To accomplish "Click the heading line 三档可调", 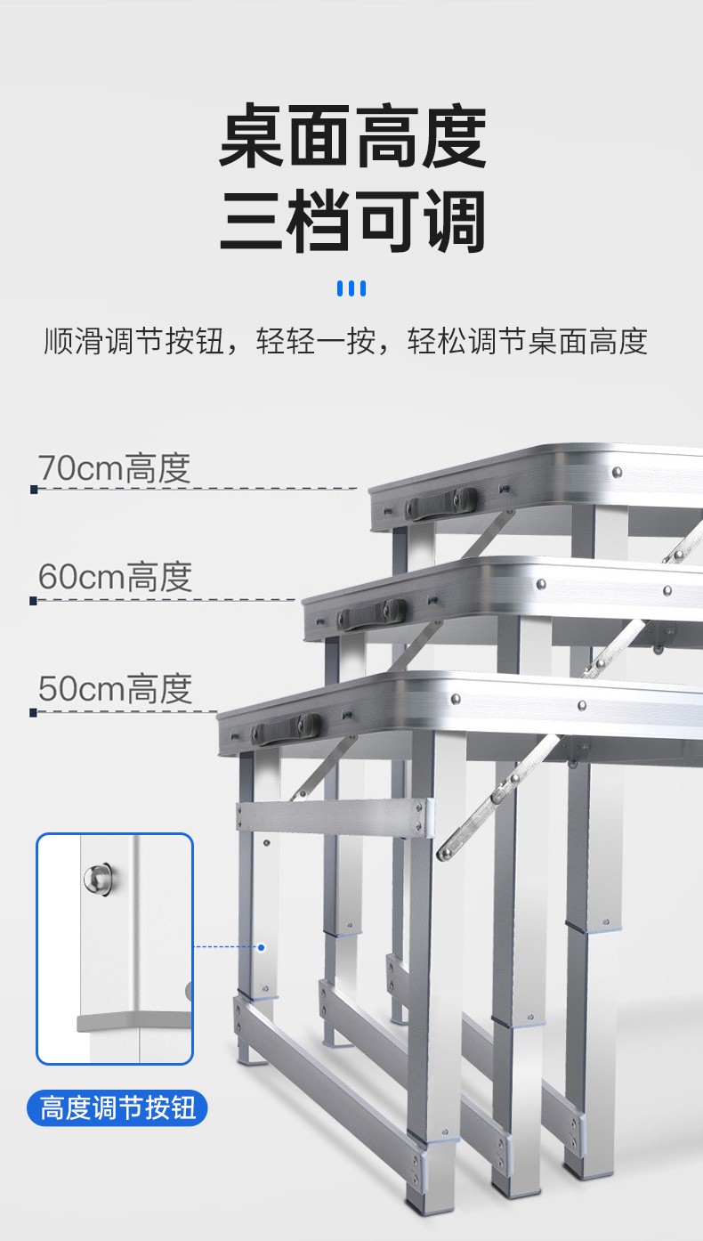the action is pos(352,223).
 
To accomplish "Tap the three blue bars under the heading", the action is pos(351,288).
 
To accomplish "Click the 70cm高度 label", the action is pos(114,468).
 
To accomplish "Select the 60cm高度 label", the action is pos(115,578).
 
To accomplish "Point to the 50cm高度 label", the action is pos(115,689).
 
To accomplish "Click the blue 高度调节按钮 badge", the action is pos(117,1109).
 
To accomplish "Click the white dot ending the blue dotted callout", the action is pos(262,947).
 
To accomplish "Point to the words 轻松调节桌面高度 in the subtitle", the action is pos(527,341).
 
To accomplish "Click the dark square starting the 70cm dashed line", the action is pos(34,489).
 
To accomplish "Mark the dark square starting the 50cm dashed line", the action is pos(34,712).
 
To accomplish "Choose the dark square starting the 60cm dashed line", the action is pos(34,601).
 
